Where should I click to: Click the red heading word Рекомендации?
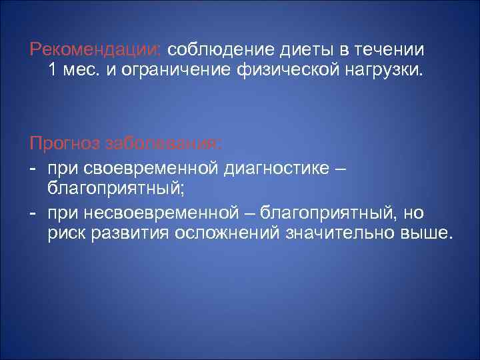(95, 51)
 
